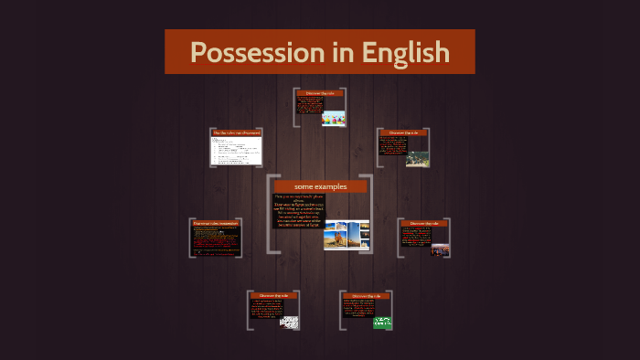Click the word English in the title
(x=405, y=52)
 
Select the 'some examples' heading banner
(x=320, y=186)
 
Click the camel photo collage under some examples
(x=347, y=233)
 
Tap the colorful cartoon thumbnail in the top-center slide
(x=333, y=118)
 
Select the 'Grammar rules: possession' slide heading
(x=216, y=223)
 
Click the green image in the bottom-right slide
(x=381, y=322)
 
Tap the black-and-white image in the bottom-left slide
(x=289, y=322)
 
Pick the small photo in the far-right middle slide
(x=440, y=249)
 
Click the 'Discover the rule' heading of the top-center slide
(x=320, y=93)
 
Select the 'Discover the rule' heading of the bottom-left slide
(x=273, y=296)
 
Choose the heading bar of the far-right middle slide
(x=424, y=223)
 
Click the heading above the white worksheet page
(x=237, y=132)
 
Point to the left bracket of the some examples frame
(x=269, y=214)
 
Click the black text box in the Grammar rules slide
(x=216, y=241)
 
